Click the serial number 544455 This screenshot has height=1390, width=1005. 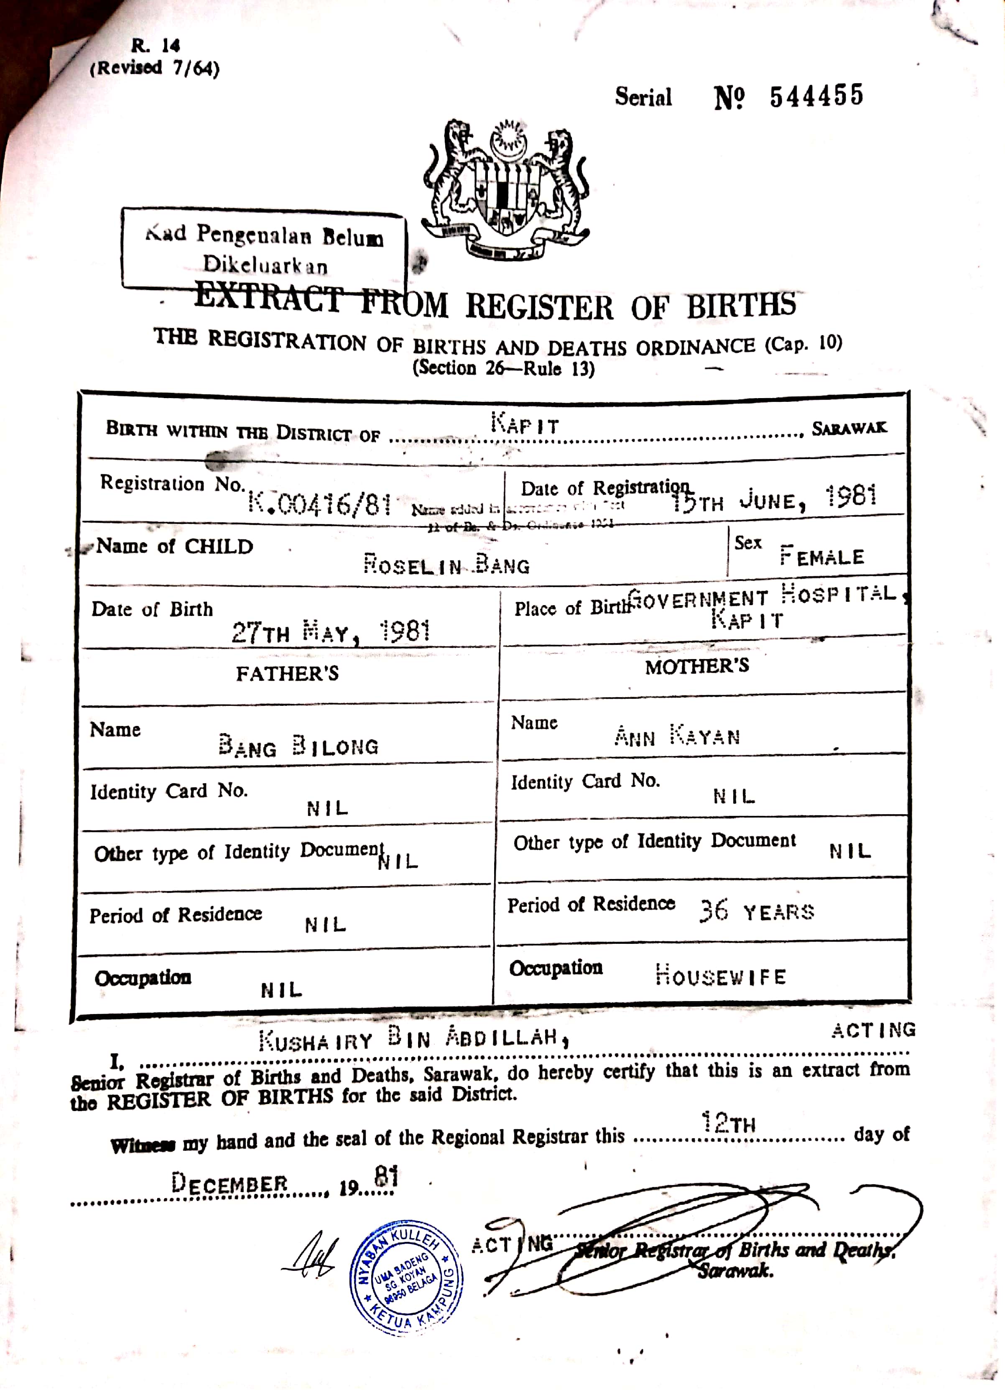[816, 96]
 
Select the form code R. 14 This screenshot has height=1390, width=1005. [155, 45]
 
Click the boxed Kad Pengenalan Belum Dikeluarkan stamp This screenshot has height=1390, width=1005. [263, 250]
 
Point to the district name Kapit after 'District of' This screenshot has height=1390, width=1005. [525, 424]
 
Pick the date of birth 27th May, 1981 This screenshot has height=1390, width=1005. [331, 632]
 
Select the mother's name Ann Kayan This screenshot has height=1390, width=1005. [677, 736]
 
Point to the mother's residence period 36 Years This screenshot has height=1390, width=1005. [757, 912]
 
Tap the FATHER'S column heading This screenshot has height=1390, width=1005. [287, 674]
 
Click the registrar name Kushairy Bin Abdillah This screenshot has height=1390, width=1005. [413, 1038]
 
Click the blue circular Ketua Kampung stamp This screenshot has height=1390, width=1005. [406, 1277]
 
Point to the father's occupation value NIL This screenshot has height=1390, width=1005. [281, 990]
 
